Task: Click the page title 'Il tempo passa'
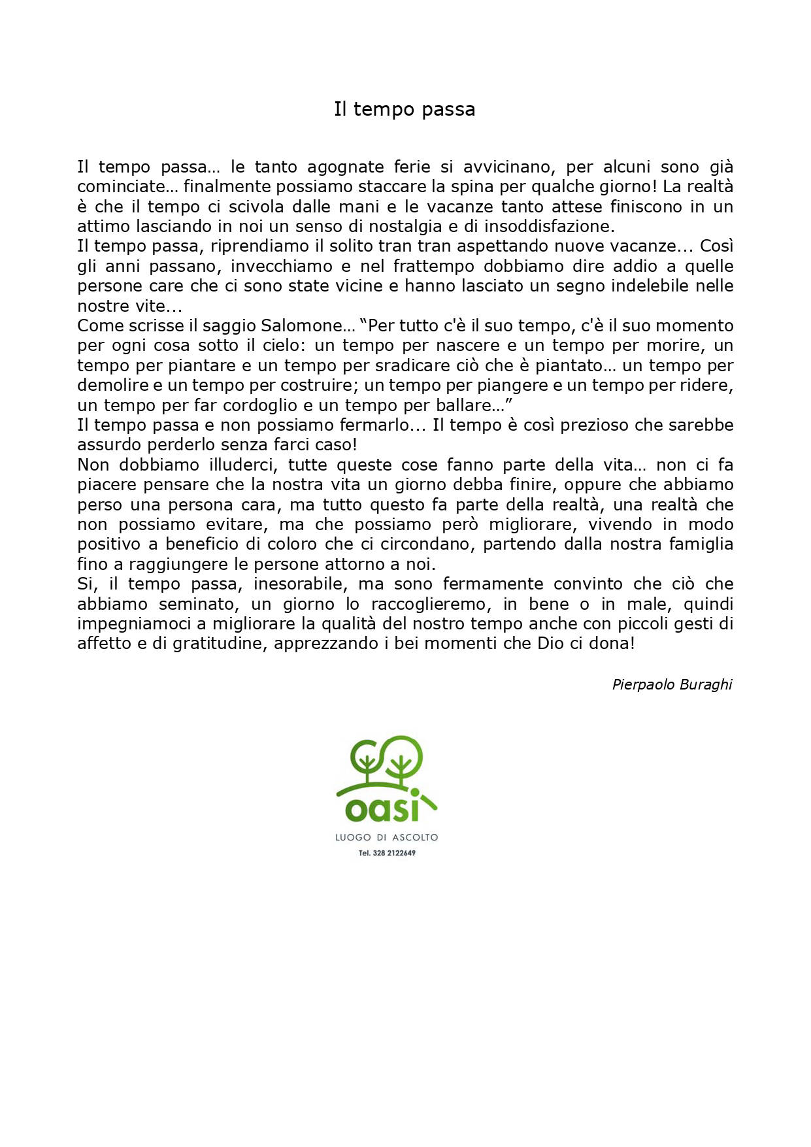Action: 405,109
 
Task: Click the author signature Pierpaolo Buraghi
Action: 672,685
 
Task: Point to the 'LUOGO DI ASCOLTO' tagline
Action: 386,838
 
